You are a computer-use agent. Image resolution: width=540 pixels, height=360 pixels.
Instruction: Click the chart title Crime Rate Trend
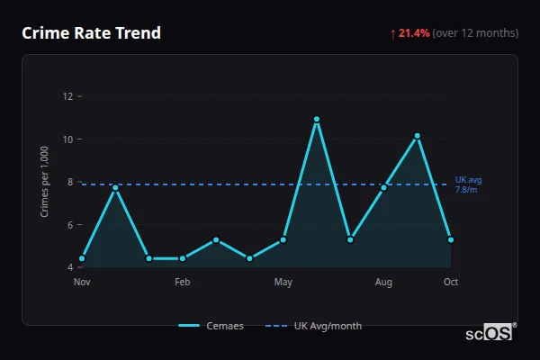[x=91, y=33]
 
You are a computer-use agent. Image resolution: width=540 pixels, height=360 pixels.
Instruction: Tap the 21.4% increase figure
[x=414, y=33]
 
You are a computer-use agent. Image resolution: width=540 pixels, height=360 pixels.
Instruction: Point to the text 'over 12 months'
[x=475, y=33]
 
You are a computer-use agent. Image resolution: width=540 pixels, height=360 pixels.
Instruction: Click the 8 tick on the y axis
[x=70, y=182]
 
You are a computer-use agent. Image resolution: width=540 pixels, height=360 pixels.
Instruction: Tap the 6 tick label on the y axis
[x=70, y=225]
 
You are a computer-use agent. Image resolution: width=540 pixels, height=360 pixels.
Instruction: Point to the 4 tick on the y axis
[x=70, y=267]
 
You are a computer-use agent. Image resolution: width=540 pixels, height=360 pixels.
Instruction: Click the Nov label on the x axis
[x=82, y=283]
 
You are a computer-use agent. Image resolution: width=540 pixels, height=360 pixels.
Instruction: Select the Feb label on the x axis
[x=183, y=283]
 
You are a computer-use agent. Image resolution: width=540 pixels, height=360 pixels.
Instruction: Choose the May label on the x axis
[x=283, y=283]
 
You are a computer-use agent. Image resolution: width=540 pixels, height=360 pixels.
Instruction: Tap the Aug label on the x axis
[x=383, y=283]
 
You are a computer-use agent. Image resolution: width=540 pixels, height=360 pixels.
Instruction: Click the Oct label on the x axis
[x=451, y=283]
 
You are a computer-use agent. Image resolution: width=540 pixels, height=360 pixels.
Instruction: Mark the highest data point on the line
[x=317, y=119]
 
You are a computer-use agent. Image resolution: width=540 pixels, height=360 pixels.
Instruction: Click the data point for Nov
[x=82, y=258]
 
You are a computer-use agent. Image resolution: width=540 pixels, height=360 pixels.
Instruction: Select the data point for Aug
[x=383, y=187]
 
